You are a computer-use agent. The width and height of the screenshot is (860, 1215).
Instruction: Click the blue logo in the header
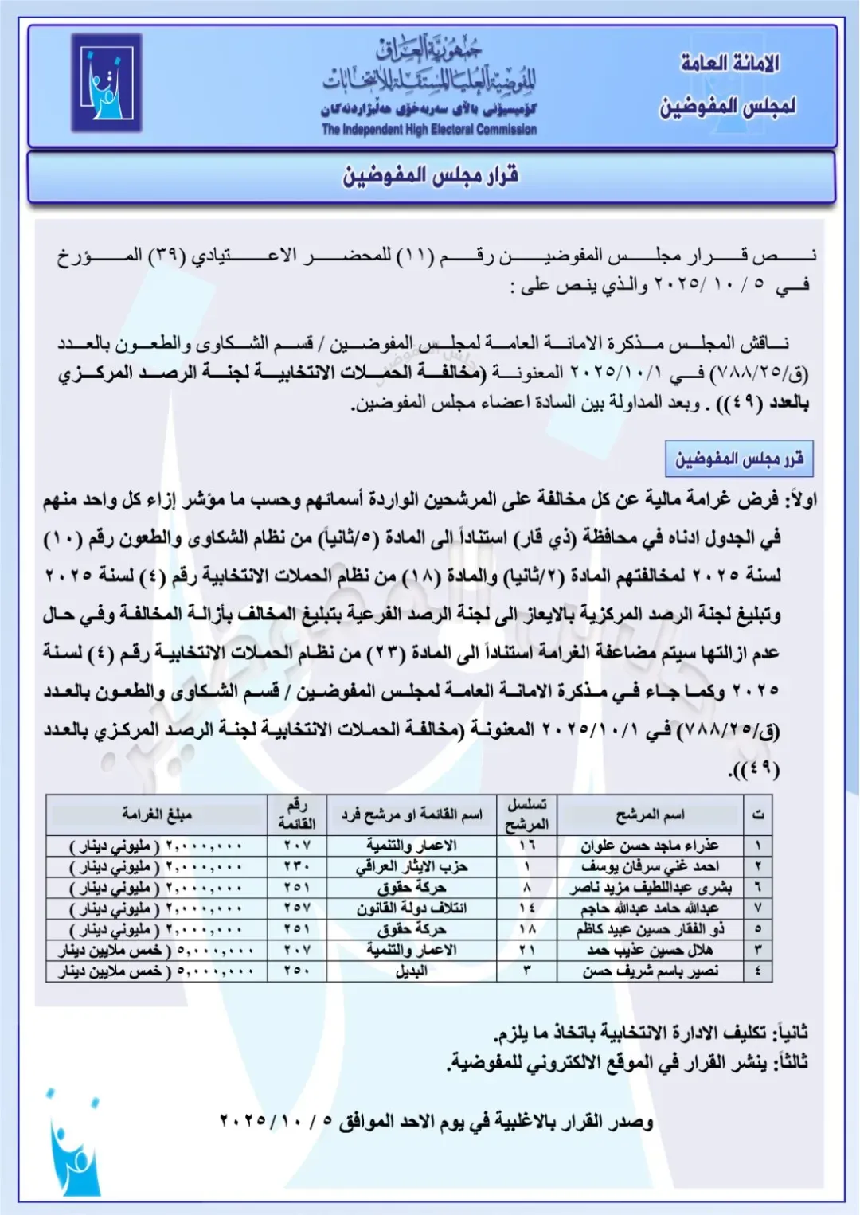coord(106,82)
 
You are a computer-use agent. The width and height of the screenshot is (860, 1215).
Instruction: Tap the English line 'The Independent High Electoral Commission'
coord(429,129)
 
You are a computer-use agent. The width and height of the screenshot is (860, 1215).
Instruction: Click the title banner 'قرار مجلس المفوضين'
coord(431,175)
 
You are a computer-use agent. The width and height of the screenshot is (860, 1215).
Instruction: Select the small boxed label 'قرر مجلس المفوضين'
coord(739,459)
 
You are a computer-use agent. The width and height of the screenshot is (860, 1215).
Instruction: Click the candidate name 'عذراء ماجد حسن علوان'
coord(650,846)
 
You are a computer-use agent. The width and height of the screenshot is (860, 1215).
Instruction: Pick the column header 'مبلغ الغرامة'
coord(157,814)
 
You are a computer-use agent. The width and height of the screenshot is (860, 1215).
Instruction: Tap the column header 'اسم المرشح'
coord(650,814)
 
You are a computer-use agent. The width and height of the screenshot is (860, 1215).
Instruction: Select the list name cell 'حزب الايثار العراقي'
coord(412,866)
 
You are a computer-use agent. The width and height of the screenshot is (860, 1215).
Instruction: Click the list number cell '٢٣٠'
coord(296,866)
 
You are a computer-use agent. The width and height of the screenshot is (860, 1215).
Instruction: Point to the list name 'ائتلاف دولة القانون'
coord(412,908)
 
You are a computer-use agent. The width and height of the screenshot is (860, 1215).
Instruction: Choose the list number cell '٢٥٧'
coord(296,908)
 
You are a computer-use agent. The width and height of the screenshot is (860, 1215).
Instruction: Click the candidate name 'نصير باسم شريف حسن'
coord(650,971)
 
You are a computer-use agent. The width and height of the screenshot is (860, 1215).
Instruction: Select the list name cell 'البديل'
coord(412,971)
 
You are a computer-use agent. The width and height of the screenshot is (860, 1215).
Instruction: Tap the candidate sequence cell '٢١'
coord(527,950)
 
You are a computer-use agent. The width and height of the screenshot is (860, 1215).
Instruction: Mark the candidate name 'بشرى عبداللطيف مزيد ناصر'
coord(650,887)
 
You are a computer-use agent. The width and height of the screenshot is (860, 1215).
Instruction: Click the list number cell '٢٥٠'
coord(296,971)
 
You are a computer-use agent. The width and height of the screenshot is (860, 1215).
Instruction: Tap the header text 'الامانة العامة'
coord(729,64)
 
